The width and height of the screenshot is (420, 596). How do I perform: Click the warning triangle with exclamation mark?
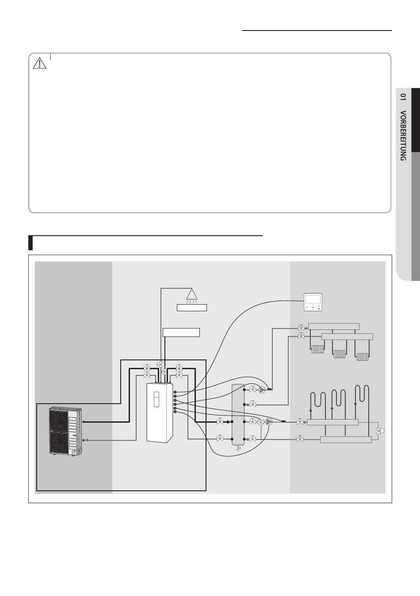click(39, 63)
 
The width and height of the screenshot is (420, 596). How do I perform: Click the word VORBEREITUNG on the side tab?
click(403, 135)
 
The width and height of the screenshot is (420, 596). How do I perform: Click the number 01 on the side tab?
click(403, 97)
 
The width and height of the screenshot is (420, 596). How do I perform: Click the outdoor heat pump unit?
click(65, 431)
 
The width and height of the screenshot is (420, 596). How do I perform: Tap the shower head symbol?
click(192, 296)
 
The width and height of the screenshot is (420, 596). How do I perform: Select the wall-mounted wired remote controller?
click(313, 302)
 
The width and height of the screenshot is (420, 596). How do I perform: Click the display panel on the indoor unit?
click(157, 399)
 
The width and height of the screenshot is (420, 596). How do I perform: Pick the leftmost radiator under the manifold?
click(317, 349)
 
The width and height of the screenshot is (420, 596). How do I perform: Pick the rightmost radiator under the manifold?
click(362, 356)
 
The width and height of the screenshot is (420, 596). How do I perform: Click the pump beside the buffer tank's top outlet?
click(262, 390)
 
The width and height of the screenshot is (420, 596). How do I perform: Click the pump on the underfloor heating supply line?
click(269, 422)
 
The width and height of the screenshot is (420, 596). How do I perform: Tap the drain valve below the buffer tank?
click(238, 449)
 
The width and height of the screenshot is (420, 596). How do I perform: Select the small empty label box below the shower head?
click(192, 308)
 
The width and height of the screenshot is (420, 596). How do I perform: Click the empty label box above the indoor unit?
click(181, 332)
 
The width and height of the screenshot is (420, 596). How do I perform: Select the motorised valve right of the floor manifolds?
click(380, 431)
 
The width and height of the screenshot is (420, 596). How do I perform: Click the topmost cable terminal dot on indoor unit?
click(175, 392)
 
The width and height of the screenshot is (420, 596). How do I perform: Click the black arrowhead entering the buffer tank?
click(228, 422)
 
